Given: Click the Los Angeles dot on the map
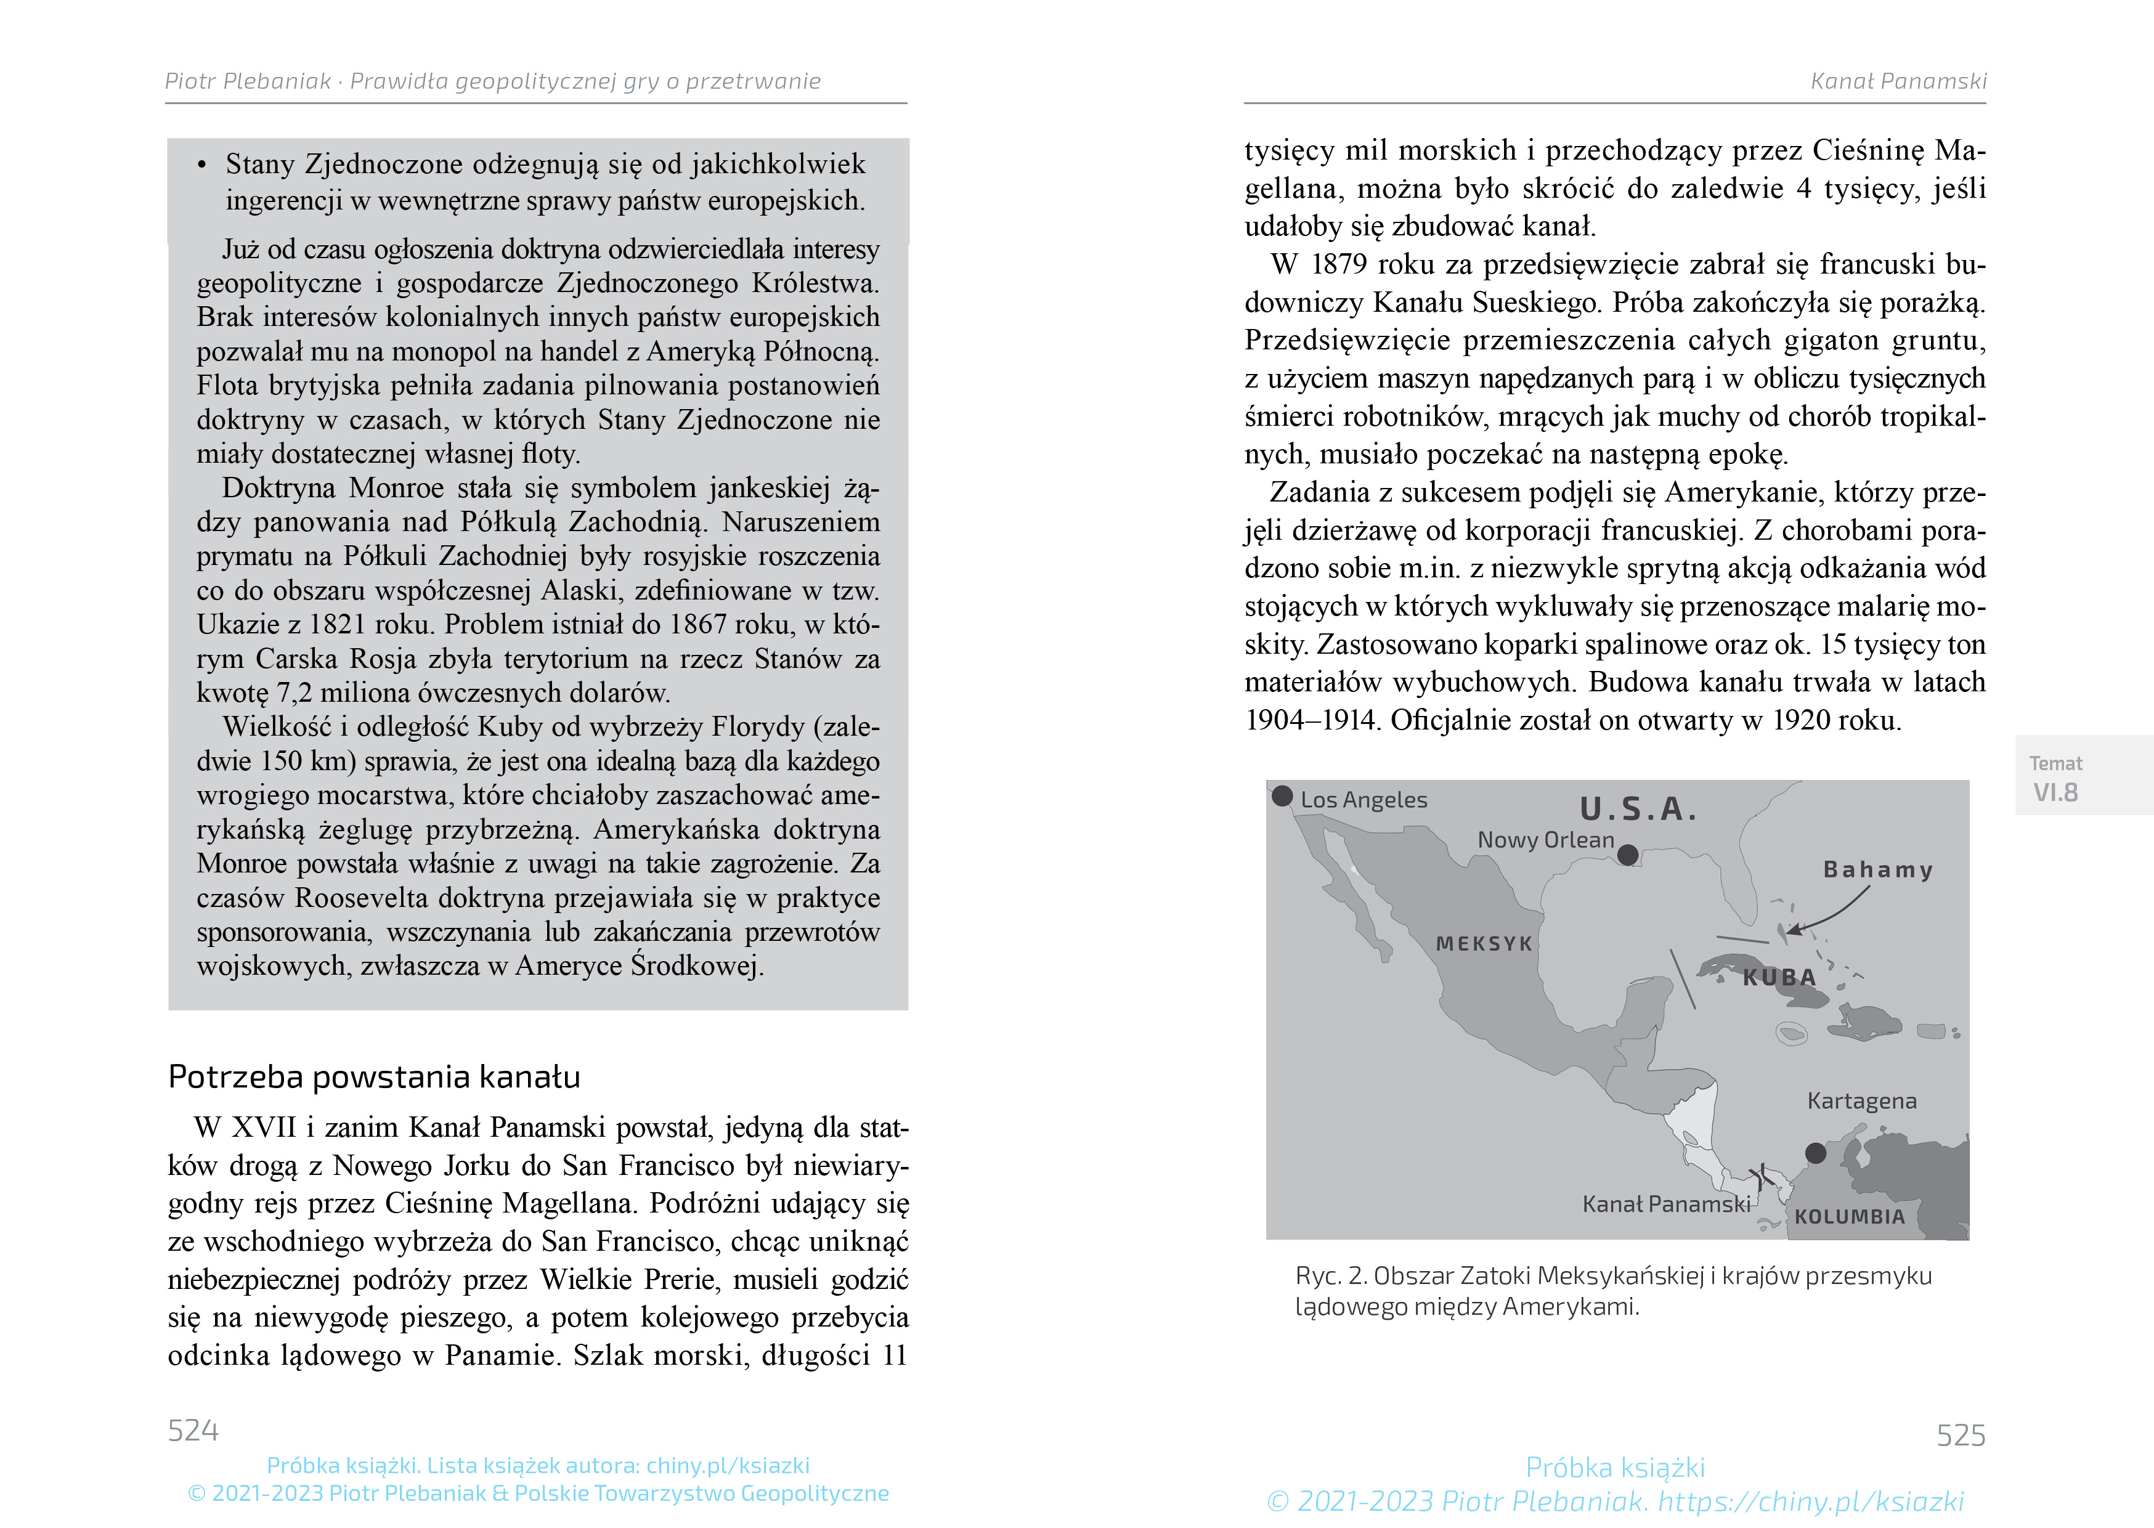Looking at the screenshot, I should (x=1282, y=796).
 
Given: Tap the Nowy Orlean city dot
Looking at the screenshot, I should (x=1627, y=855).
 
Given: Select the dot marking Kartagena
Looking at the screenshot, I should (x=1815, y=1153).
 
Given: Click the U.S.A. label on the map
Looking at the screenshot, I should (x=1638, y=809).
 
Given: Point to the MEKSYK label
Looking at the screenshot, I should (x=1484, y=944).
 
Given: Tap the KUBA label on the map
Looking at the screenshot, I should (x=1779, y=978).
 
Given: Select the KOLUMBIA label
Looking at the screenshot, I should (x=1849, y=1217).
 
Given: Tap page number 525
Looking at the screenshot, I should (x=1961, y=1435).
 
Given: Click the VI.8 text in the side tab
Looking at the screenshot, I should (x=2055, y=792).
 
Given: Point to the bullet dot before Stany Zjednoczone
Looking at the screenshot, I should (x=201, y=166).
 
